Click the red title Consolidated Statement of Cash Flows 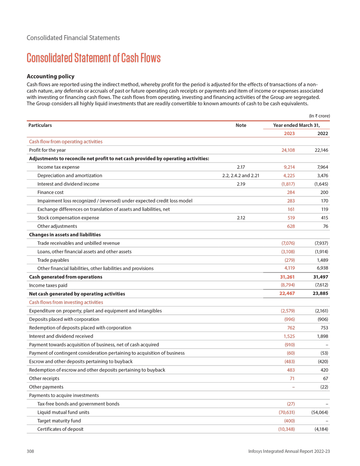click(x=94, y=58)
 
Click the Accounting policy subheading click(x=50, y=76)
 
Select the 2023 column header click(x=289, y=133)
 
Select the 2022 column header click(x=322, y=133)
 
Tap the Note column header click(x=241, y=125)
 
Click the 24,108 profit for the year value click(x=288, y=150)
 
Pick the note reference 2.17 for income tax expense click(x=241, y=167)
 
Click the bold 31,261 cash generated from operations click(x=287, y=276)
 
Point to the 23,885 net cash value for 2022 click(x=320, y=294)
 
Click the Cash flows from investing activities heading click(x=66, y=302)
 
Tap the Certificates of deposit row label click(x=61, y=429)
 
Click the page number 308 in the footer click(x=31, y=451)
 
